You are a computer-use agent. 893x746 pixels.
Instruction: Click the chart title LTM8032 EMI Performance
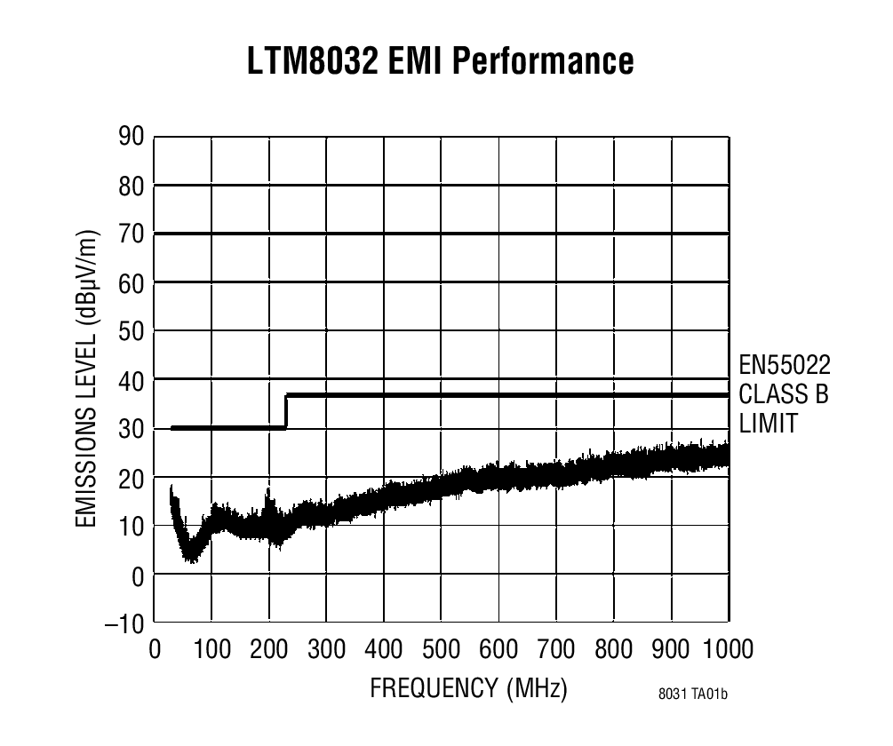pyautogui.click(x=442, y=62)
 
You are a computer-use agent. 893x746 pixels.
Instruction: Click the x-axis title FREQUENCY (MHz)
pyautogui.click(x=468, y=689)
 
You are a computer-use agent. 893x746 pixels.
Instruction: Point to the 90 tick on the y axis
pyautogui.click(x=131, y=136)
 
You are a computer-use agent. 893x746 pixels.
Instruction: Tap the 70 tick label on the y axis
pyautogui.click(x=131, y=234)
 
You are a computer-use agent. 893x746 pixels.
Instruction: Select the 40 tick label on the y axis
pyautogui.click(x=131, y=380)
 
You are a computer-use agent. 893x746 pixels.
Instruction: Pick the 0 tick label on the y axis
pyautogui.click(x=138, y=575)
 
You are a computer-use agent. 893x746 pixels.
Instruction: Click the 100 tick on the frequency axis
pyautogui.click(x=211, y=649)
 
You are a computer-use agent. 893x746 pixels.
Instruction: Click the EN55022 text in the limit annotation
pyautogui.click(x=785, y=365)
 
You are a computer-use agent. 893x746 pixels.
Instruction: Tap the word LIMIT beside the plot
pyautogui.click(x=768, y=424)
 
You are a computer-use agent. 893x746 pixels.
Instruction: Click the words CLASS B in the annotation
pyautogui.click(x=783, y=394)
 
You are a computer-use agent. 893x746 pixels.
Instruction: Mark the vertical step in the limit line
pyautogui.click(x=286, y=411)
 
